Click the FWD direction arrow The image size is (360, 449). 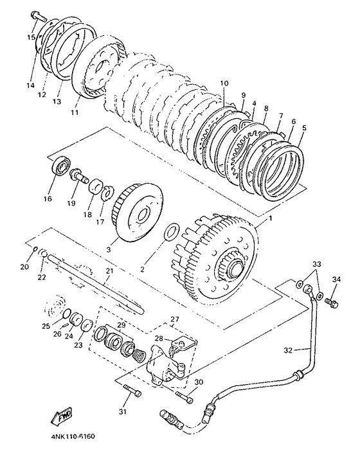coord(62,416)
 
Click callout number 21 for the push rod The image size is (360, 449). coord(110,270)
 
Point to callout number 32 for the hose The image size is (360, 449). coord(289,350)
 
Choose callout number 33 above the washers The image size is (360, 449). coord(317,264)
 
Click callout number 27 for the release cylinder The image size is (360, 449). coord(175,319)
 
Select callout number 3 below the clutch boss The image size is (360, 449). coord(109,249)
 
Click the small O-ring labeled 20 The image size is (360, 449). coord(35,249)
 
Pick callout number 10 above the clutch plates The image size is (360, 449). coord(224,84)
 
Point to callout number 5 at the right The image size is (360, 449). coord(304,128)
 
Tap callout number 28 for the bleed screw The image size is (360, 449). coord(159,339)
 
